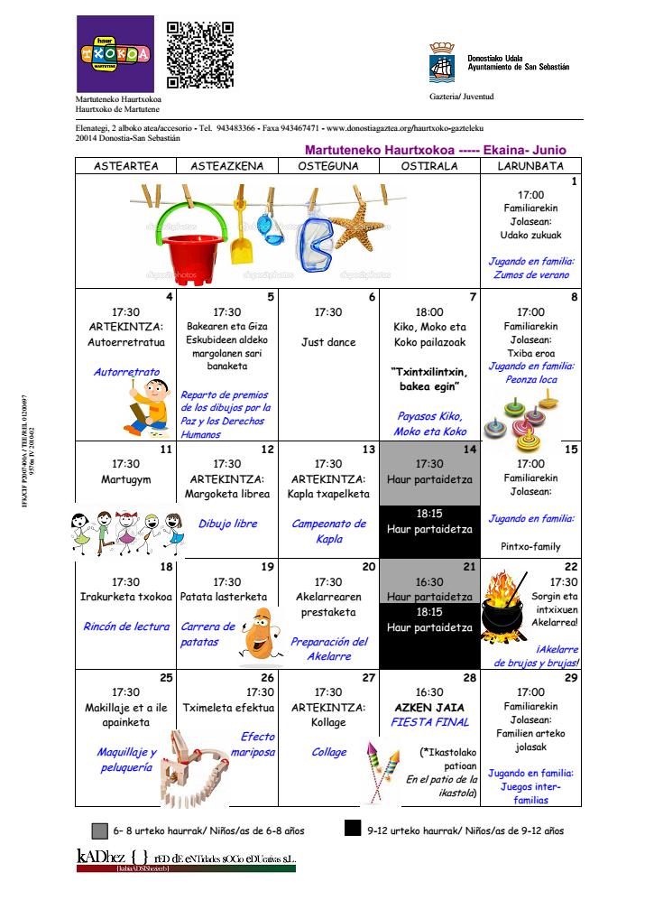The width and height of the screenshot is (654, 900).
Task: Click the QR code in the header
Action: tap(200, 56)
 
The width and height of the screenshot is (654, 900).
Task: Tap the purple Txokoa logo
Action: tap(115, 53)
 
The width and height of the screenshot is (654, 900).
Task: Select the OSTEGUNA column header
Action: tap(329, 166)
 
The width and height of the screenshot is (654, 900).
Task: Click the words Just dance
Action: tap(328, 343)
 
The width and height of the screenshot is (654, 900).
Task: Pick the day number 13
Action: tap(368, 449)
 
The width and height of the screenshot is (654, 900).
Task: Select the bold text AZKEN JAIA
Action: tap(429, 708)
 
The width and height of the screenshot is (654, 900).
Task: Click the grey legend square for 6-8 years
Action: tap(99, 830)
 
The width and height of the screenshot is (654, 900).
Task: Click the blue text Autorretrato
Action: tap(126, 371)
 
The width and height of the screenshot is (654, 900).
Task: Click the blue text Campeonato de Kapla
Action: tap(328, 531)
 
